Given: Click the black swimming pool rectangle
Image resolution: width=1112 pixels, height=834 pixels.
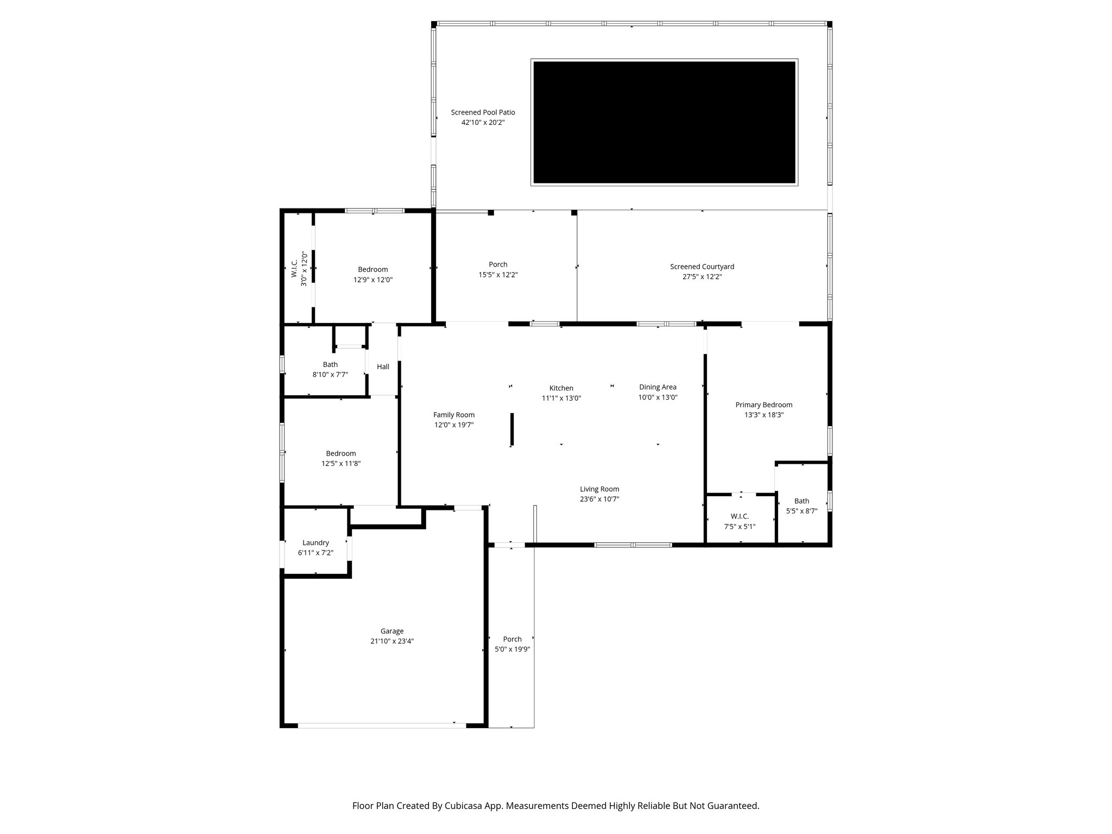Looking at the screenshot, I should [664, 122].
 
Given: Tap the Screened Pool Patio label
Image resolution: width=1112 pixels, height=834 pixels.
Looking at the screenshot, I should [483, 112].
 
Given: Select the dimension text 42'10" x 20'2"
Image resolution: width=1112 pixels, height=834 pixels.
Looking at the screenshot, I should [483, 123].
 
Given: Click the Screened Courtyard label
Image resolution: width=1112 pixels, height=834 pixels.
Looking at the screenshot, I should [702, 267].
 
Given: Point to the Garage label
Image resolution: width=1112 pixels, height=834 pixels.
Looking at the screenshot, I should [391, 631].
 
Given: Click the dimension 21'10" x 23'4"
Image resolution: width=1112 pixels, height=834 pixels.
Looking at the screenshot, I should [391, 641].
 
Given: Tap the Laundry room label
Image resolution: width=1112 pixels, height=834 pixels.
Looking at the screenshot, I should [315, 542].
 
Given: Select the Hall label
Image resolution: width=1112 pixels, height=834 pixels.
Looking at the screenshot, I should [383, 367].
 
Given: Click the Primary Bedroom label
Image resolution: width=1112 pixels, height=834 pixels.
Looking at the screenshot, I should [763, 405].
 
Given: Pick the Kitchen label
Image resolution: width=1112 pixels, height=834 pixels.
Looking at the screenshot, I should [561, 388].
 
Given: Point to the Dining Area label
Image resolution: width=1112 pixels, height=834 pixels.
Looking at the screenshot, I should [658, 387].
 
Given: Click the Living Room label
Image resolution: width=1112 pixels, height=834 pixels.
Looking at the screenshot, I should [599, 489].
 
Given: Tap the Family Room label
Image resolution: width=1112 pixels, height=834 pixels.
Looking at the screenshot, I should [453, 415].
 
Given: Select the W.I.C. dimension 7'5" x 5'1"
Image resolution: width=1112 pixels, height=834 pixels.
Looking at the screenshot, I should [740, 526].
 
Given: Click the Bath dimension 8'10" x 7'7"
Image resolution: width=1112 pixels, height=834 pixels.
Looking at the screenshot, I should [330, 375].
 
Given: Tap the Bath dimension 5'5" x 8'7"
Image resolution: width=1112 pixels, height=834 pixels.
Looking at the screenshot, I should [801, 511].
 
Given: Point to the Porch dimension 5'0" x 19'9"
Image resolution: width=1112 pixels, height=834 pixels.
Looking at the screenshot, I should [512, 649].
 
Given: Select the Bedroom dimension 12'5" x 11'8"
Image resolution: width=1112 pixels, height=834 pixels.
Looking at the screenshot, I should [340, 464].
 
